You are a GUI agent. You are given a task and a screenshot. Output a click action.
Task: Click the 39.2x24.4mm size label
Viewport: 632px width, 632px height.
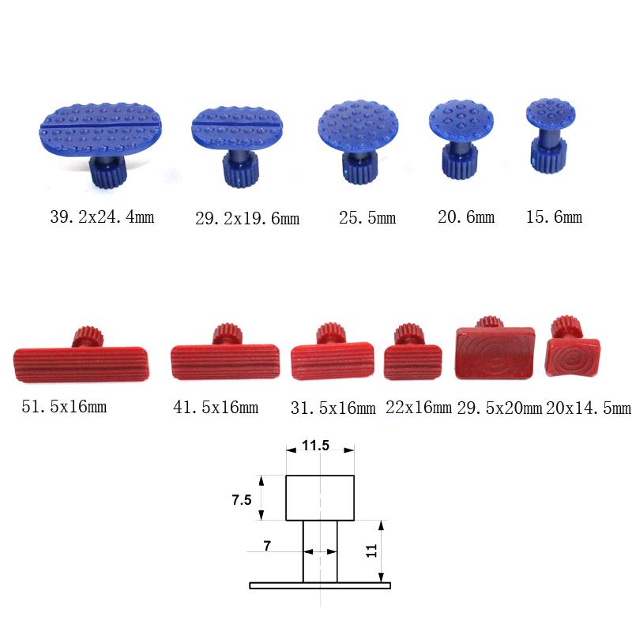(x=102, y=216)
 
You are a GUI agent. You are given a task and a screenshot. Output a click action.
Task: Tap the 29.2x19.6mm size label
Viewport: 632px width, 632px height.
(x=247, y=219)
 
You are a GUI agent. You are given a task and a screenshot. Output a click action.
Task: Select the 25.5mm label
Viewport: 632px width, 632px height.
(x=367, y=218)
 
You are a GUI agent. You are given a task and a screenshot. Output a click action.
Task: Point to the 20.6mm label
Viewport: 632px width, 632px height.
(x=466, y=216)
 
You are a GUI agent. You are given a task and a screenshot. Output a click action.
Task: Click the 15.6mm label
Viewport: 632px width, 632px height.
(x=554, y=216)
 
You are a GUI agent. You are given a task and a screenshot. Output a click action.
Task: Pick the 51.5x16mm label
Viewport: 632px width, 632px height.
(x=64, y=406)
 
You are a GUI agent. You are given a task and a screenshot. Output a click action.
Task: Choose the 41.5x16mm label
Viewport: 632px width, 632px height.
(x=216, y=407)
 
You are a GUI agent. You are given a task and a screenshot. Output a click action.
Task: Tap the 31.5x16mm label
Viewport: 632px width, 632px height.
(x=333, y=408)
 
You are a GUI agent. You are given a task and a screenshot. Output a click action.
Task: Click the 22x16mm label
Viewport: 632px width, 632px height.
(x=419, y=408)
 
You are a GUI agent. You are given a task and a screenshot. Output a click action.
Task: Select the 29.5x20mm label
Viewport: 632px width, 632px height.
(x=499, y=408)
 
